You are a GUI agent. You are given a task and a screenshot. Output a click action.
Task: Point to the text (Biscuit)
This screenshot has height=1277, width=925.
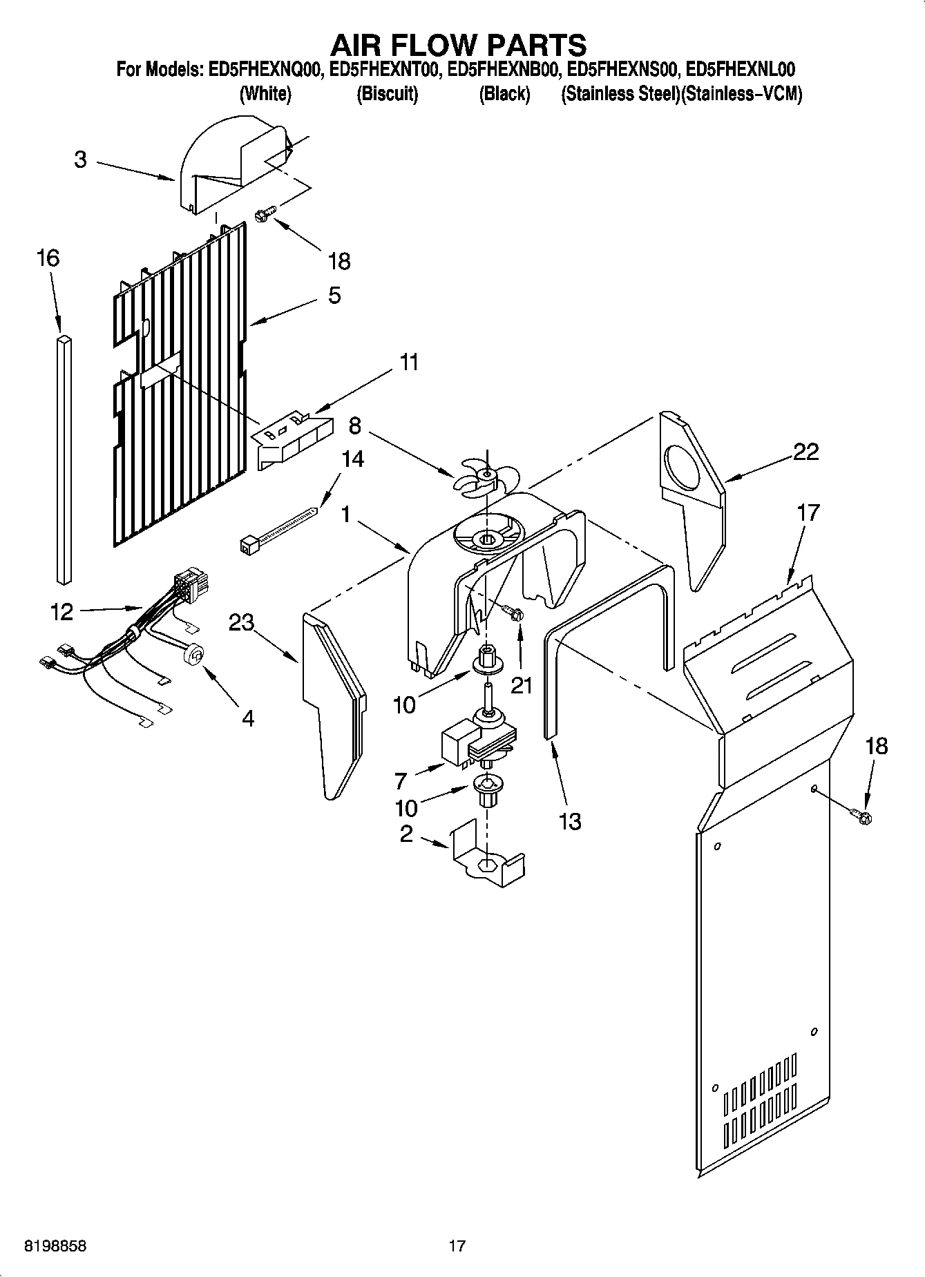pos(387,94)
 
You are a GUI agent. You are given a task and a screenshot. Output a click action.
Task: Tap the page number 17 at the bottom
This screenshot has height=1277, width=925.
pos(457,1246)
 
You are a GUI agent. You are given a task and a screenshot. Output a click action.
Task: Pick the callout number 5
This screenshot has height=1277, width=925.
pos(334,296)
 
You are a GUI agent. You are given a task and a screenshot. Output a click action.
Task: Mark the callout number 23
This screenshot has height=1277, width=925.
pos(241,622)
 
